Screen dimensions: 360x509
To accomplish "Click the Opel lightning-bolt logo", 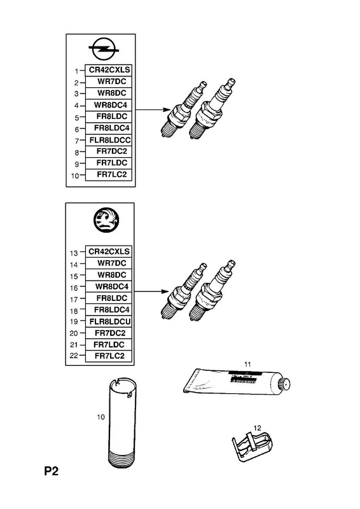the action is [x=104, y=49].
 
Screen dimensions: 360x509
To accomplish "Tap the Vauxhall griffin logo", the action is [x=106, y=220].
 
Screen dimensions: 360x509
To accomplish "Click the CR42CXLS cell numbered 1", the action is [x=109, y=70].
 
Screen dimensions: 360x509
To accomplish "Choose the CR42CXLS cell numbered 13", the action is [x=109, y=251].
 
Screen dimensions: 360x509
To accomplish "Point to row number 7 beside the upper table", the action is [x=77, y=141].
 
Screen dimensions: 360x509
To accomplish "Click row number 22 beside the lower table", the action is [x=74, y=356].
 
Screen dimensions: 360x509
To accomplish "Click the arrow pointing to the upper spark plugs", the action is [x=152, y=109].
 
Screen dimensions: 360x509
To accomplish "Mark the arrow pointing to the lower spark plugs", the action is [x=151, y=291].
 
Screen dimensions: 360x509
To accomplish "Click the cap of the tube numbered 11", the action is [x=285, y=384].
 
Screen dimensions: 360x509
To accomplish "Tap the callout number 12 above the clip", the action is [x=257, y=428].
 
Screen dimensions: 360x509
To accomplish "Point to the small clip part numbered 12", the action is [x=253, y=446].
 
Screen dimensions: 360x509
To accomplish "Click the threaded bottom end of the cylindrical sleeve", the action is [x=121, y=459].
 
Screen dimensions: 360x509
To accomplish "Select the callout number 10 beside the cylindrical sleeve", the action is [x=100, y=417].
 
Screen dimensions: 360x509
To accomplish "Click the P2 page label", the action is [x=52, y=471].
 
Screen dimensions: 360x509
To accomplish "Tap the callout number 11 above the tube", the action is [x=247, y=364].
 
